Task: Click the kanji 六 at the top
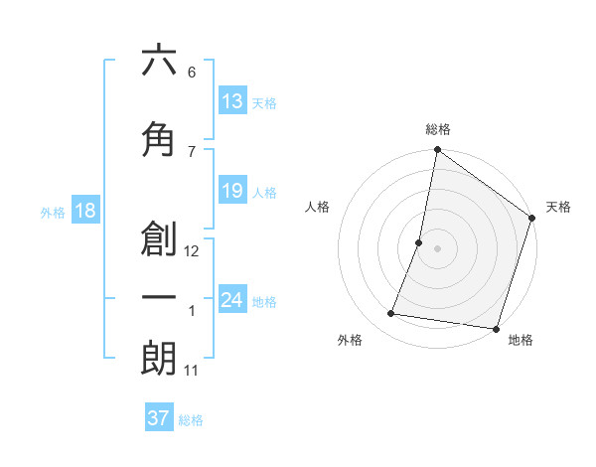[x=159, y=61]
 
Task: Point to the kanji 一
[x=159, y=299]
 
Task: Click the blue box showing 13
[x=232, y=101]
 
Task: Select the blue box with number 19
[x=232, y=191]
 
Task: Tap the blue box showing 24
[x=232, y=300]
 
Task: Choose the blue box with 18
[x=84, y=212]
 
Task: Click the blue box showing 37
[x=159, y=418]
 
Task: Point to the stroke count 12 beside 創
[x=192, y=251]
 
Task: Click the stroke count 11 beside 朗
[x=192, y=371]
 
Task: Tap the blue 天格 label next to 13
[x=264, y=103]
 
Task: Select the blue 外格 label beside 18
[x=53, y=213]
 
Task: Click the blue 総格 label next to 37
[x=191, y=420]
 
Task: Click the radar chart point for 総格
[x=437, y=151]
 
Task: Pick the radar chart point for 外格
[x=391, y=314]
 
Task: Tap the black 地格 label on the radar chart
[x=521, y=341]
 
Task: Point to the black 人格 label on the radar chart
[x=318, y=207]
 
